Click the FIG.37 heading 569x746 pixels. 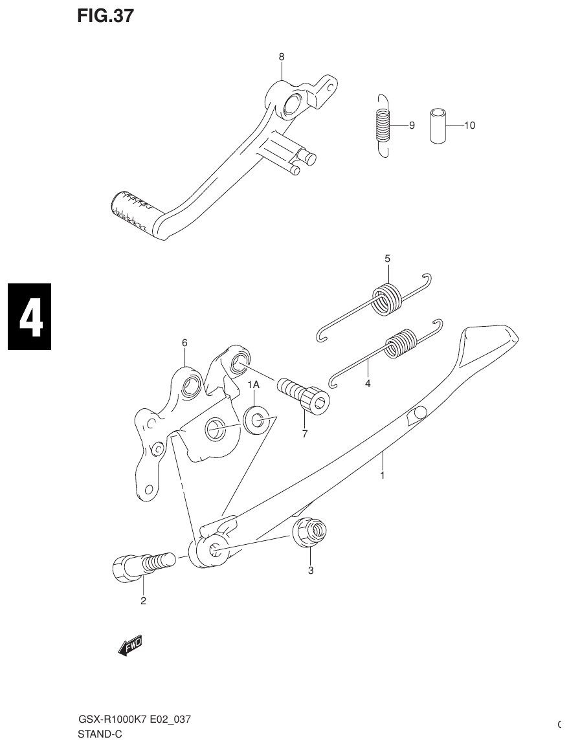click(106, 16)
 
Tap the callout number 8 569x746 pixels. click(281, 57)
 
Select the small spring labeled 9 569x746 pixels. click(383, 124)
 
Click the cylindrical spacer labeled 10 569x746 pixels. click(438, 125)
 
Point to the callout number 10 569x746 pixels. click(469, 126)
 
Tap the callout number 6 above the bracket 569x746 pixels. click(184, 342)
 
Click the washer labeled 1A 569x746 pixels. click(258, 420)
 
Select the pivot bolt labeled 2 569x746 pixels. click(142, 565)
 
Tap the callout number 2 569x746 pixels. click(143, 600)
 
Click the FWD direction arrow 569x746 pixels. click(130, 646)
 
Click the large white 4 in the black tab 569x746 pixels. click(30, 317)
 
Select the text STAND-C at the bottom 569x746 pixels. click(100, 734)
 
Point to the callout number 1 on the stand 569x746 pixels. click(382, 475)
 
